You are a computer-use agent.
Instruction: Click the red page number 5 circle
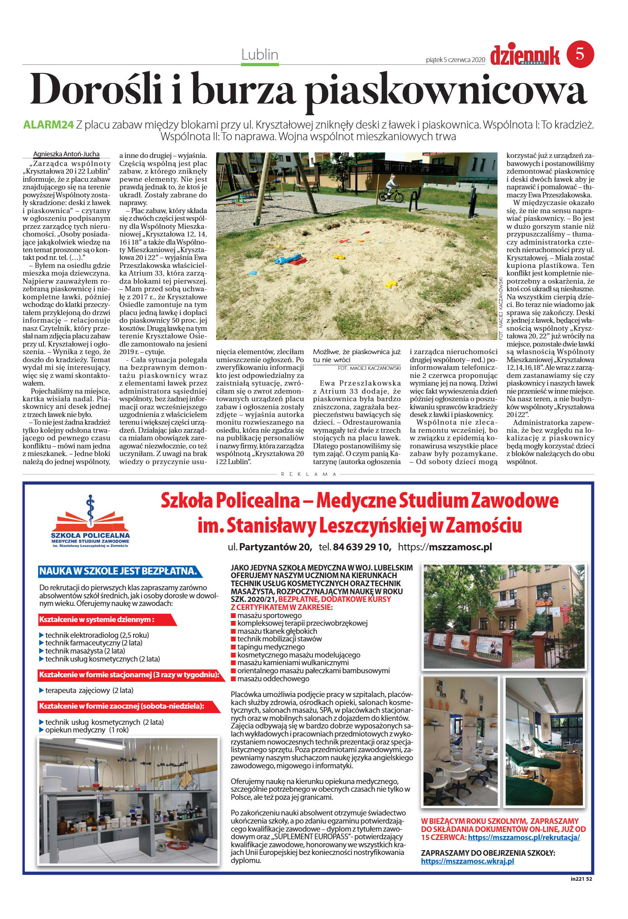coord(580,54)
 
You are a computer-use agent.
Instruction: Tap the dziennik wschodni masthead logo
coord(525,56)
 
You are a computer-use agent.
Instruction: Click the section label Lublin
coord(260,54)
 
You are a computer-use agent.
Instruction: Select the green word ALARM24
coord(48,125)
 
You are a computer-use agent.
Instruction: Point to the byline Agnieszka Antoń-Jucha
coord(66,154)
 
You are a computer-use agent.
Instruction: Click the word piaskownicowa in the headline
coord(445,91)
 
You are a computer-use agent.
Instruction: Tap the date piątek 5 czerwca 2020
coord(455,60)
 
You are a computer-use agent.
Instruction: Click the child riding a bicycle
coord(391,188)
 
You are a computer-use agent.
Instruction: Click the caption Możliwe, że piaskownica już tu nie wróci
coord(356,356)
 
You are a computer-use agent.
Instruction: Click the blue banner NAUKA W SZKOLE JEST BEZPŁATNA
coord(118,571)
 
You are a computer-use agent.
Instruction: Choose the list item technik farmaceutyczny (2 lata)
coord(94,643)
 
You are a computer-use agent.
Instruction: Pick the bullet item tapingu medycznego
coord(271,647)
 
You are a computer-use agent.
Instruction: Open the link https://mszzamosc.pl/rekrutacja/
coord(524,837)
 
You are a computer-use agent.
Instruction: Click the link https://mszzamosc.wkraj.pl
coord(467,861)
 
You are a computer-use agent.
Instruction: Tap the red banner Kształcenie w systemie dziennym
coord(97,619)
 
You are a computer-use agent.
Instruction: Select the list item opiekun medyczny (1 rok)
coord(87,730)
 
